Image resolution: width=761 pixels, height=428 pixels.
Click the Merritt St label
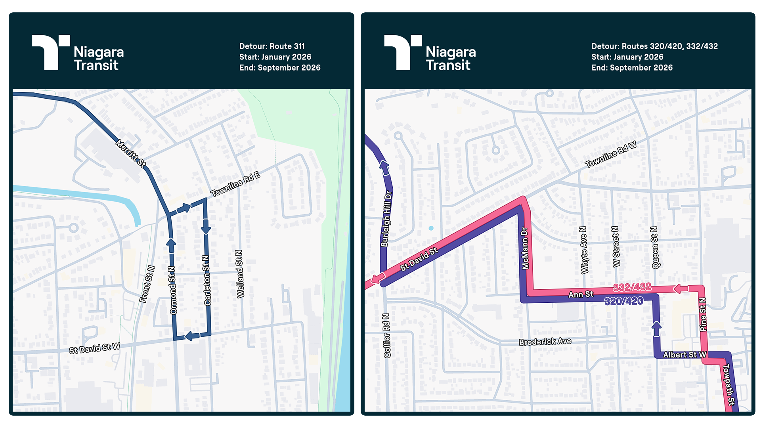click(131, 153)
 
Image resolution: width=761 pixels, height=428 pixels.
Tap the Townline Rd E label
click(235, 184)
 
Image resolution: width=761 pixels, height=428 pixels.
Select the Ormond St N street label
click(172, 290)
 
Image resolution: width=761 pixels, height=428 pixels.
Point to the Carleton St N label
click(207, 281)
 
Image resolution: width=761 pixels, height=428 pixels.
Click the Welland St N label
click(240, 274)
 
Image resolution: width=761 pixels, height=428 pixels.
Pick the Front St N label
click(147, 284)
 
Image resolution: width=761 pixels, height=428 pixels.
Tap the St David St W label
click(94, 348)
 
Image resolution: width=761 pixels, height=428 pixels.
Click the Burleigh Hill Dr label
click(386, 219)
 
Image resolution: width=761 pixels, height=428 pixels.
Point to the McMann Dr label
click(525, 248)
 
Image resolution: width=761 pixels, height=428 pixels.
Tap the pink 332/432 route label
click(632, 287)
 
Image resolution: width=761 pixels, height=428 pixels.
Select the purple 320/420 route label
click(623, 301)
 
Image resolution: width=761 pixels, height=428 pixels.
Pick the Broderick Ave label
click(545, 342)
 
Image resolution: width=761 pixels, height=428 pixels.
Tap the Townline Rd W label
click(611, 154)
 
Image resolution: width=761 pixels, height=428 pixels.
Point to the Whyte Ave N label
click(583, 250)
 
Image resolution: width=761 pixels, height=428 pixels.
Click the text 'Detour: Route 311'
click(272, 46)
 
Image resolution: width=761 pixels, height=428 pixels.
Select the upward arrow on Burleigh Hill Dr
click(384, 168)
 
